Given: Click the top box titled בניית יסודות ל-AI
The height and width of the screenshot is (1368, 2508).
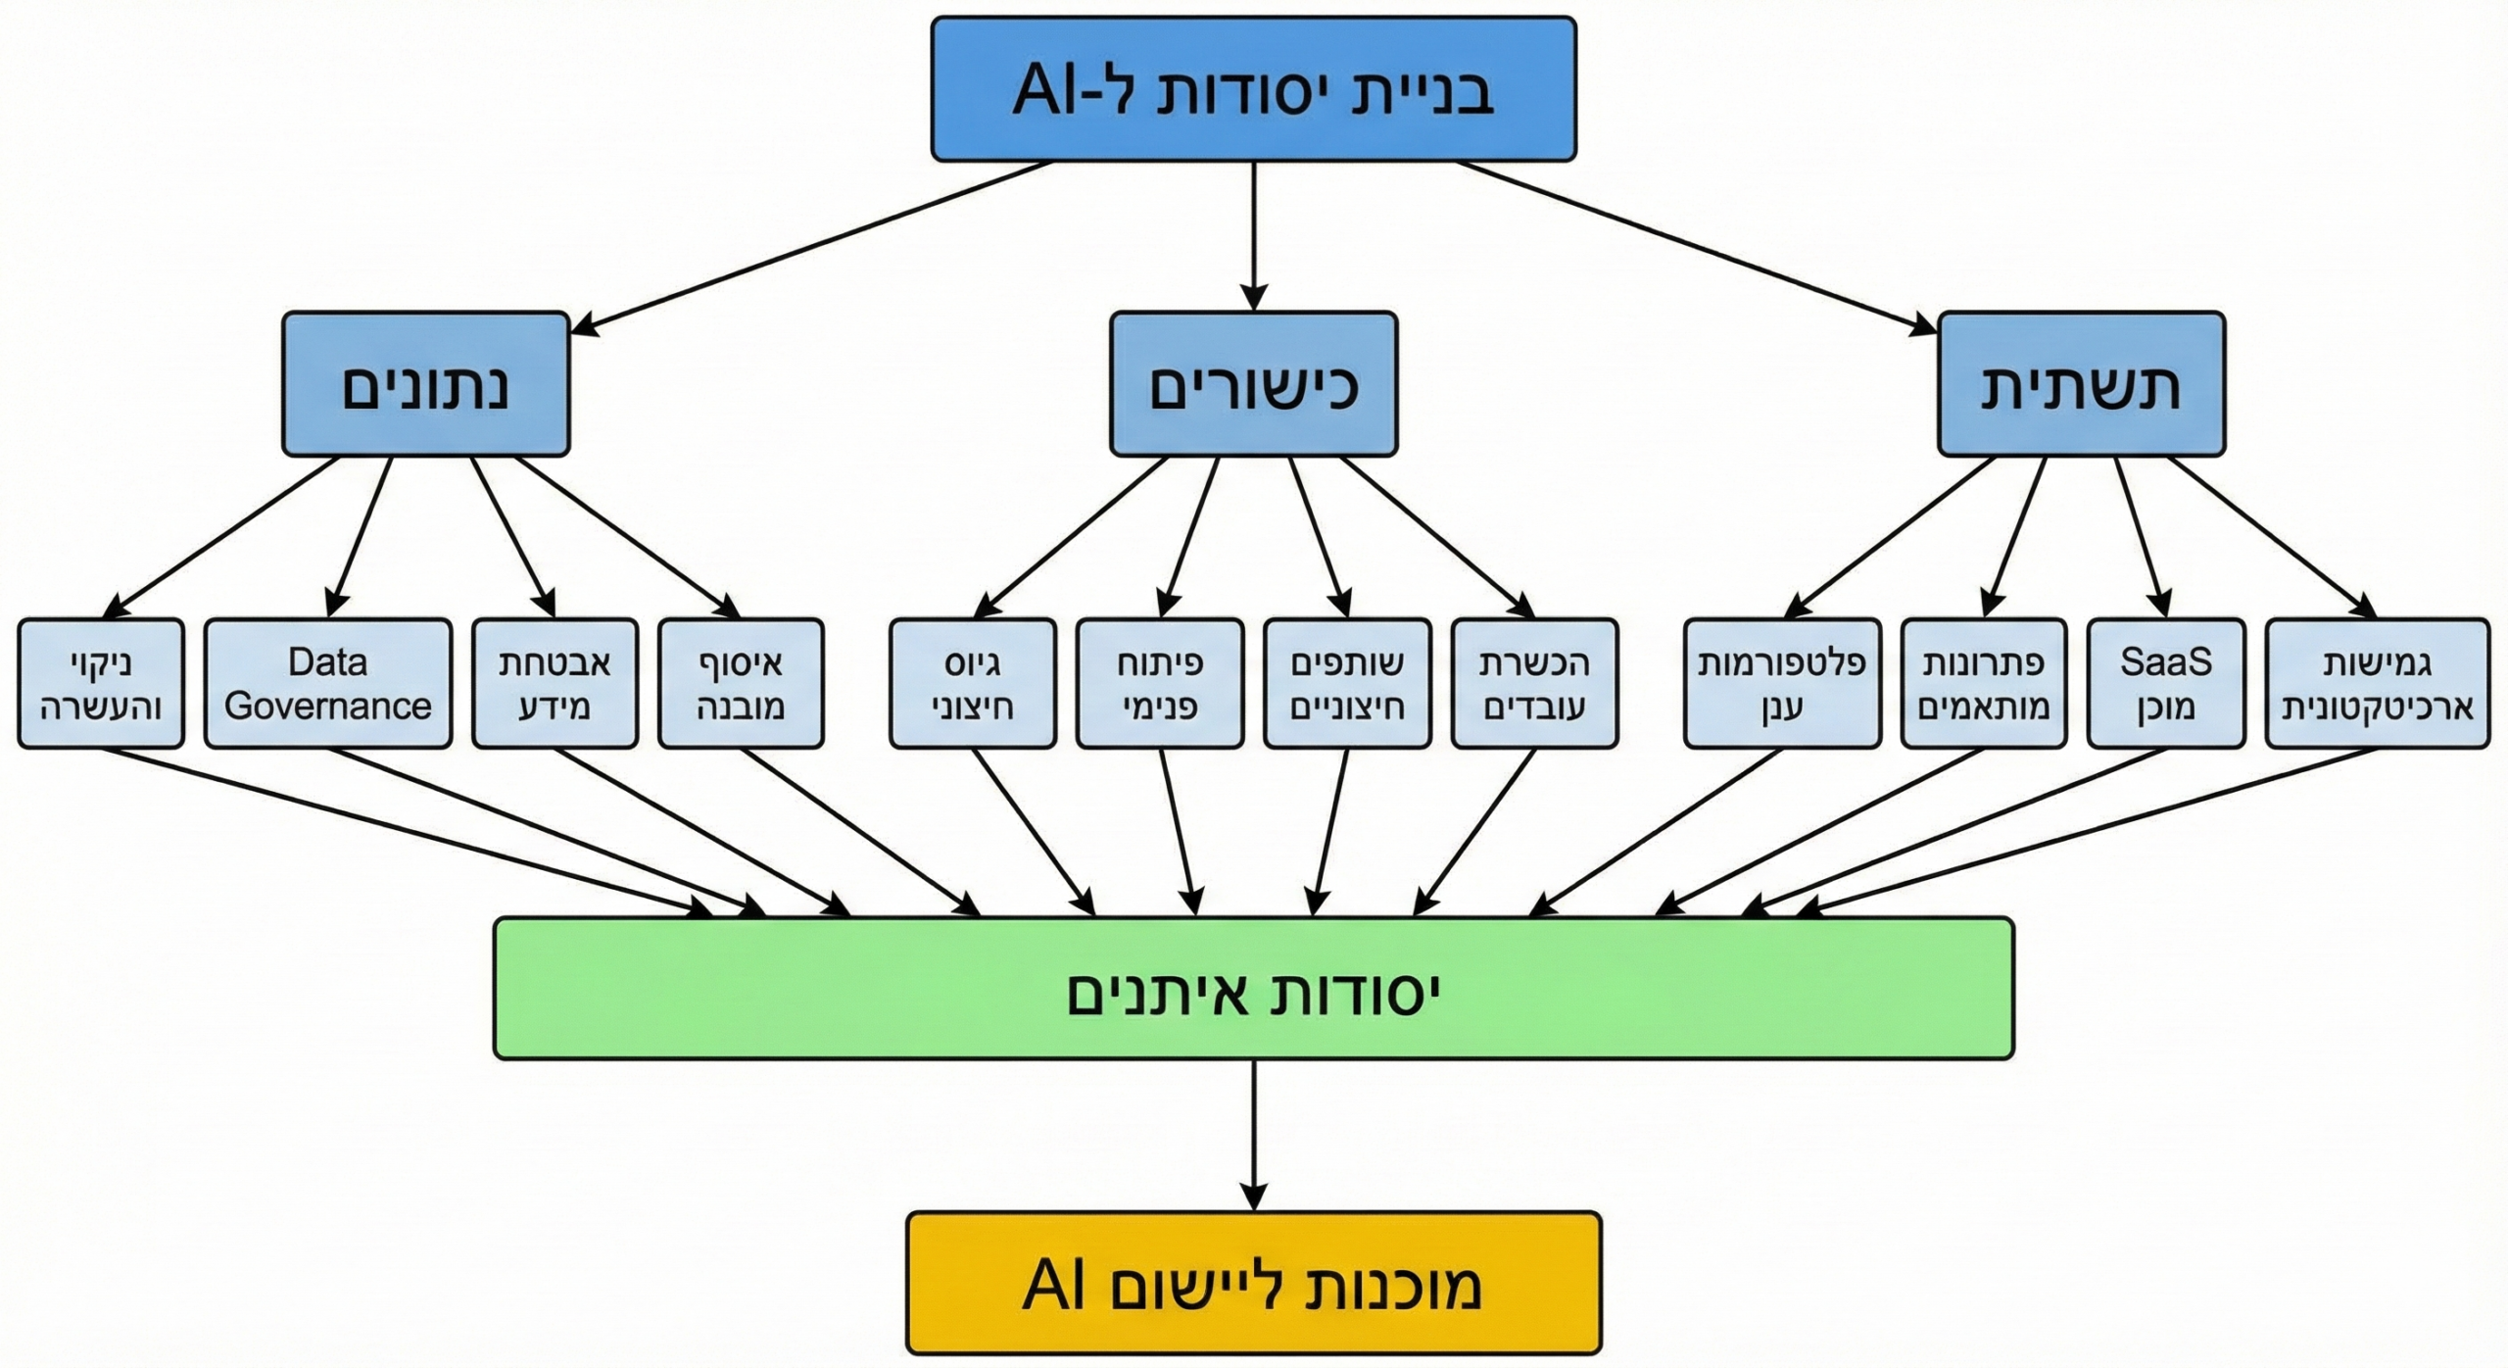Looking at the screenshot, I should click(x=1253, y=89).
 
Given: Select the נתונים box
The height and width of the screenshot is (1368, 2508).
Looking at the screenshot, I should click(x=425, y=384).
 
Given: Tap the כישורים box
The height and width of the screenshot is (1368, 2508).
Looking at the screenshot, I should click(x=1253, y=384).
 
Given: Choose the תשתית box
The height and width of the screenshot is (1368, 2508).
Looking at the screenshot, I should click(x=2081, y=384).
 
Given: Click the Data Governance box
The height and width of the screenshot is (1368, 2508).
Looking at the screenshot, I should click(x=327, y=683).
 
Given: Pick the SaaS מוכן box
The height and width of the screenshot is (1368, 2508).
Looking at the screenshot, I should click(x=2165, y=683).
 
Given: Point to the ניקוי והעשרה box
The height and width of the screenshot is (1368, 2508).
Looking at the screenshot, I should click(x=101, y=683).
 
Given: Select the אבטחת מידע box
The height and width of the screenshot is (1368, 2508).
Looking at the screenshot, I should click(x=555, y=683).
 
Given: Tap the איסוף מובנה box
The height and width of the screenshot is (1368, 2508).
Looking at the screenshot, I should click(x=741, y=683).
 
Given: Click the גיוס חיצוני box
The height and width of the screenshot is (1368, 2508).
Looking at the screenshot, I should click(x=973, y=683).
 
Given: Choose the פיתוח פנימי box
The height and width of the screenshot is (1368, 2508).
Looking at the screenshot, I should click(x=1160, y=683).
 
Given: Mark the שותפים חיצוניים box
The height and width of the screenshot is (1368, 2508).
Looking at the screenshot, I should click(x=1347, y=683).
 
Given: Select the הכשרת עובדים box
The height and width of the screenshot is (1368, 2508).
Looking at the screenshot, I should click(x=1534, y=683).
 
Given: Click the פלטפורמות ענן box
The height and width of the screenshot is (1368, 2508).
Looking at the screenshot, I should click(x=1782, y=683).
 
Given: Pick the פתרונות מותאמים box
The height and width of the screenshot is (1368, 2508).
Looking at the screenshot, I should click(x=1984, y=683).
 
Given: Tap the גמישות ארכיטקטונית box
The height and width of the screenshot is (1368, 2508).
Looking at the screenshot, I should click(x=2378, y=683).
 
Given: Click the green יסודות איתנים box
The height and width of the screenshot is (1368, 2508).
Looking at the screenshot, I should click(x=1253, y=988).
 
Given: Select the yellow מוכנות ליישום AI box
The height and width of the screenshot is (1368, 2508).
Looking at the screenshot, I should click(x=1253, y=1284).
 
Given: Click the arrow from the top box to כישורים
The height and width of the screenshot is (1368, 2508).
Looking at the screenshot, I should click(x=1253, y=235).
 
